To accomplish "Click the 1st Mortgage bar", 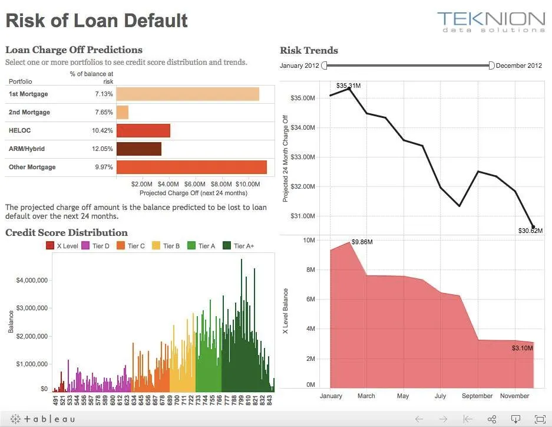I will point(187,94).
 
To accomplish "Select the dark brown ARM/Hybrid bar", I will point(138,149).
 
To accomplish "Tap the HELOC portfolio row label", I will point(20,130).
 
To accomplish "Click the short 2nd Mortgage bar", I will point(122,112).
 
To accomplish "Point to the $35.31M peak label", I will point(348,86).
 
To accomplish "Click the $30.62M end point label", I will point(530,231).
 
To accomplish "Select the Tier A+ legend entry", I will point(240,246).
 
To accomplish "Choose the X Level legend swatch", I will point(50,246).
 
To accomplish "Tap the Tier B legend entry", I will point(166,246).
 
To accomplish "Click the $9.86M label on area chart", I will point(362,242).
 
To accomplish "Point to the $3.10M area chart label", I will point(522,349).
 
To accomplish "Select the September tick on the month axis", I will point(478,396).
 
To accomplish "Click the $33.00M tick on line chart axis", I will point(304,157).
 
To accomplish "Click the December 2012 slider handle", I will point(492,65).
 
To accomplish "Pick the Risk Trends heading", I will point(309,50).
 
